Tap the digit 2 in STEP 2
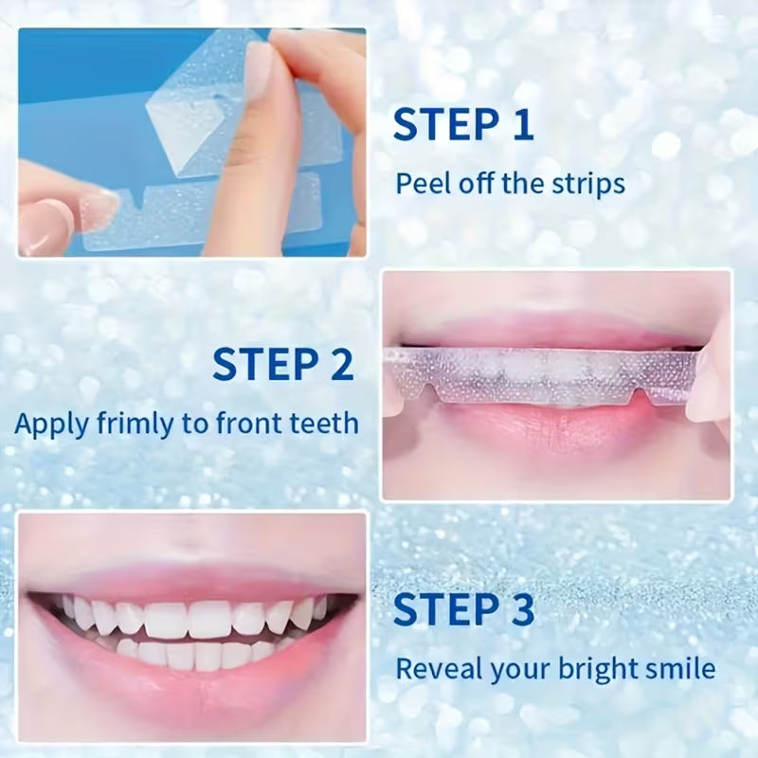339,363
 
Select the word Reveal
437,669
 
